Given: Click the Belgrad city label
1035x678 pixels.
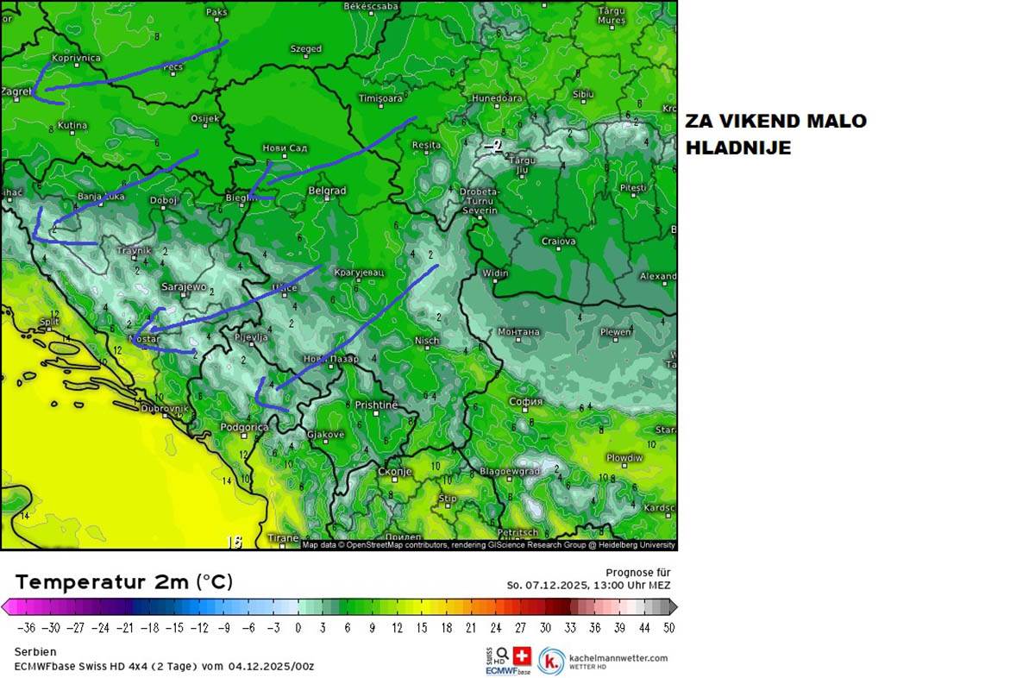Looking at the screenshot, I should (327, 191).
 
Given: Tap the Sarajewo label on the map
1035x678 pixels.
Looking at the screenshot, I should (183, 287).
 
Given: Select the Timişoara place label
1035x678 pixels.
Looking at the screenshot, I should (380, 98).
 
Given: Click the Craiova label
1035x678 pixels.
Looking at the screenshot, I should (558, 242).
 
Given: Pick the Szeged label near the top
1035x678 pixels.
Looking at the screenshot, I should (306, 49).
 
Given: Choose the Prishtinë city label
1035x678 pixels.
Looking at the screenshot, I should (376, 405).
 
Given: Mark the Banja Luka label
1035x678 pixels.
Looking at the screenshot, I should (102, 197).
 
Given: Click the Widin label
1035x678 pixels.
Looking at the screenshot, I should (496, 273).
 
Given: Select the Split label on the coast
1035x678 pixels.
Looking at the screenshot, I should (49, 322).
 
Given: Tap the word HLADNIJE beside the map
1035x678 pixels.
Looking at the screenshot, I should (738, 148).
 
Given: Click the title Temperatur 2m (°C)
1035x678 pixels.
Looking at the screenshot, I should (124, 582).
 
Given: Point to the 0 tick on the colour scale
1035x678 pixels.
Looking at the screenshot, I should (298, 628).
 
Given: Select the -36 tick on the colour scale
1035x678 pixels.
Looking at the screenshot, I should (26, 628).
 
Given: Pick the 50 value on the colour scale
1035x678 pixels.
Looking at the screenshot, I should (668, 628).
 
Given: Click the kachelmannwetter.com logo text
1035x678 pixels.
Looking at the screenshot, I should (617, 658).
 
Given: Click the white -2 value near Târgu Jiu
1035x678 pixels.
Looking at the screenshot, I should (492, 146).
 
